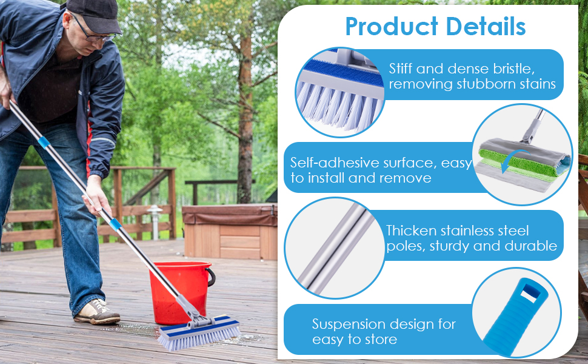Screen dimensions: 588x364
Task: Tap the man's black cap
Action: point(95,15)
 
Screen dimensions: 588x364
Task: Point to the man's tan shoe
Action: point(97,311)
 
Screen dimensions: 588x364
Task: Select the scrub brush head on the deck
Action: point(199,332)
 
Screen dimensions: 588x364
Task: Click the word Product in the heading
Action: point(392,27)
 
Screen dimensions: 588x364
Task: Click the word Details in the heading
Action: point(486,27)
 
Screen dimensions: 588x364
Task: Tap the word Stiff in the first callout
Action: point(401,69)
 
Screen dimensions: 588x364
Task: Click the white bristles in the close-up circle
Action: point(339,106)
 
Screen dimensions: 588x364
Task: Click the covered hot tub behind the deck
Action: point(230,231)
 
